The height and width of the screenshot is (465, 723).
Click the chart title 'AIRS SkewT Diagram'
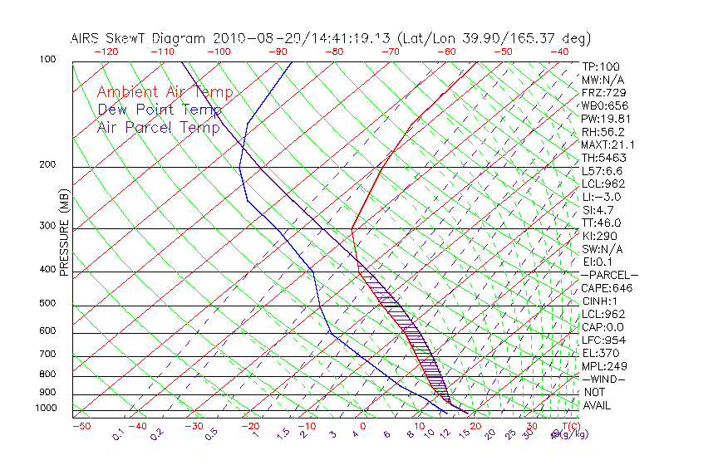point(140,39)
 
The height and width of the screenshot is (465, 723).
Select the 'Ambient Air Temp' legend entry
point(165,92)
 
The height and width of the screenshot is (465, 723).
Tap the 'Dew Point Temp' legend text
point(160,110)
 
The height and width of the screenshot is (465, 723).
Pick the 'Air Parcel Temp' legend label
point(159,127)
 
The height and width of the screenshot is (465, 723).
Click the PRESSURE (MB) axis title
point(64,232)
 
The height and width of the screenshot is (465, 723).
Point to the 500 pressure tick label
point(47,304)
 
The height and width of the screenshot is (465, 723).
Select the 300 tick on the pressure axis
point(47,226)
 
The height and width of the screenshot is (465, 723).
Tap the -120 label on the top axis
point(106,51)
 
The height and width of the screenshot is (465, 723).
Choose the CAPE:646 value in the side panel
point(607,288)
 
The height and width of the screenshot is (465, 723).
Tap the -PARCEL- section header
point(609,275)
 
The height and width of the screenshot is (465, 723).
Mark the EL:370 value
point(600,353)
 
